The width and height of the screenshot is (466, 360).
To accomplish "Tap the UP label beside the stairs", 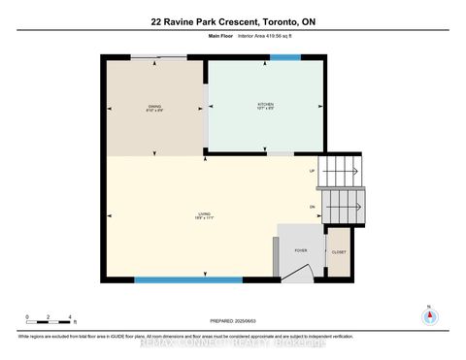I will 312,171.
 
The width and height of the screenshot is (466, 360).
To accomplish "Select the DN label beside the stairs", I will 312,207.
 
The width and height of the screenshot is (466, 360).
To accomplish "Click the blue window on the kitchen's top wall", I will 284,58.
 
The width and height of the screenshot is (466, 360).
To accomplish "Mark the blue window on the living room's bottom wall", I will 187,280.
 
